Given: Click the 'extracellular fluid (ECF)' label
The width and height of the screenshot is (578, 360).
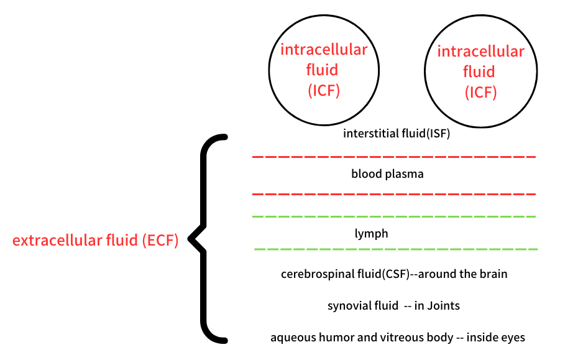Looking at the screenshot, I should [x=96, y=240].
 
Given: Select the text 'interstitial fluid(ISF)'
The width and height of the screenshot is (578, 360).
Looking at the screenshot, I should [x=396, y=134].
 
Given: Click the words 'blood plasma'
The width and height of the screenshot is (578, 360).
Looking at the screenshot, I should [x=387, y=174].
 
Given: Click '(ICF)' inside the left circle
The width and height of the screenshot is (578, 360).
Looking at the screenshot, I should [x=324, y=90].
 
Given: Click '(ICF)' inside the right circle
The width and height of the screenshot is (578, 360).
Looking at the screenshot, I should [x=481, y=92].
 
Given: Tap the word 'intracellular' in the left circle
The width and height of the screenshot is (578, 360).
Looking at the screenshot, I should [x=323, y=50].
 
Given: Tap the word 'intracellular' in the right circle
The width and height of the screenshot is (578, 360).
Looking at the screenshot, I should [x=480, y=51].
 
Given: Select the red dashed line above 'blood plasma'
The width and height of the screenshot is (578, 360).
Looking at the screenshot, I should [x=393, y=157].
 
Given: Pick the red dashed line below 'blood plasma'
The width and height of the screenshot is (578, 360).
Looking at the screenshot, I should [x=393, y=194].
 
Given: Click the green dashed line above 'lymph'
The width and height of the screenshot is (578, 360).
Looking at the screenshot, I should [x=393, y=216].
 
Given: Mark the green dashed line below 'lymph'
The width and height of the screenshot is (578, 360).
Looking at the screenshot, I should [x=395, y=249].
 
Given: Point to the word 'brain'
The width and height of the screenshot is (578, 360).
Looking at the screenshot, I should [x=493, y=274].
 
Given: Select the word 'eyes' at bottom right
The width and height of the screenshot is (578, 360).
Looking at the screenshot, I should [x=513, y=338].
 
